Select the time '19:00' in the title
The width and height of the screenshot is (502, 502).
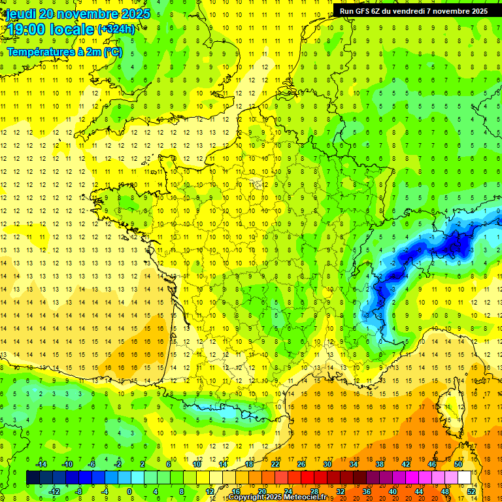25,30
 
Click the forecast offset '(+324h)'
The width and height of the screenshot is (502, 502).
116,29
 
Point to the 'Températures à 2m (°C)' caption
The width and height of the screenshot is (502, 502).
64,52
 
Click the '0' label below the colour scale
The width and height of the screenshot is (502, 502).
129,491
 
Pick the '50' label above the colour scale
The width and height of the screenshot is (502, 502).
458,463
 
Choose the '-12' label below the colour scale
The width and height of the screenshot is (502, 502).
54,491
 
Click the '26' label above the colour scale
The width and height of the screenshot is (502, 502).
301,463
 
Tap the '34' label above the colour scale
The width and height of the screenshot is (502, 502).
354,463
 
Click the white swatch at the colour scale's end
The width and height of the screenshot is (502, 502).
465,477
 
